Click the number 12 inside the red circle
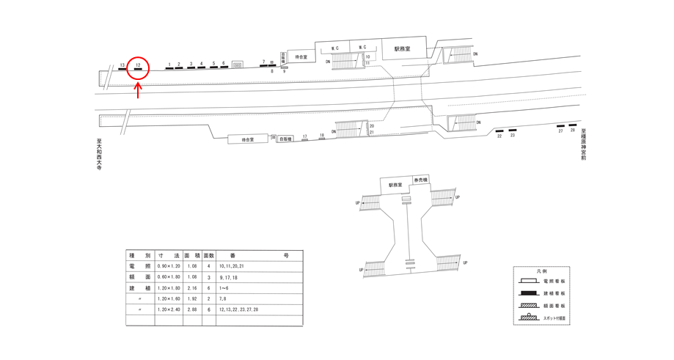coord(138,65)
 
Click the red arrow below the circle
coord(138,91)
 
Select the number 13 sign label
coord(122,65)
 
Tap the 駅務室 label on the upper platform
coord(402,49)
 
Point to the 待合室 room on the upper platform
coord(300,57)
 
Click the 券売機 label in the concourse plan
coord(420,180)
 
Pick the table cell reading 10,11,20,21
coord(232,265)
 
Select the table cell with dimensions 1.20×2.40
coord(169,309)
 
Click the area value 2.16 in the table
coord(191,287)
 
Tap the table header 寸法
coord(169,254)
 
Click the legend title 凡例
coord(541,271)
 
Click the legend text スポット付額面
coord(554,318)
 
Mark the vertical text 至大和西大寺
coord(98,155)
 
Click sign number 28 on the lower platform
coord(573,131)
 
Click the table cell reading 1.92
coord(191,298)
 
